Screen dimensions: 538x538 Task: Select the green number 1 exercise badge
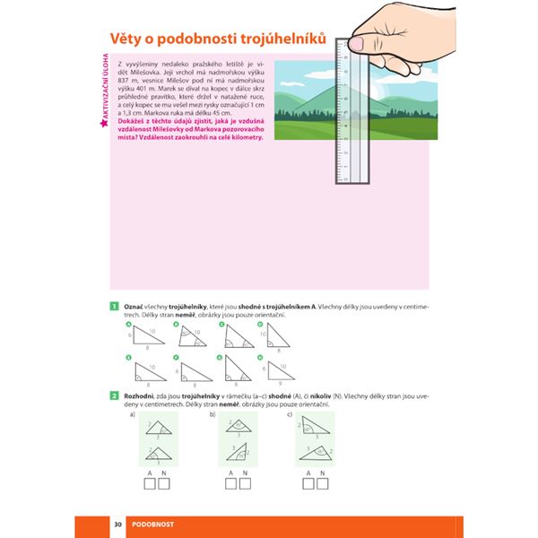(115, 306)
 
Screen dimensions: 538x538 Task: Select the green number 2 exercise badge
(115, 395)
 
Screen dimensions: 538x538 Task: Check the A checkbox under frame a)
(149, 485)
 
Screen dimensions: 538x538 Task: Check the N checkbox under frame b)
(239, 485)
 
